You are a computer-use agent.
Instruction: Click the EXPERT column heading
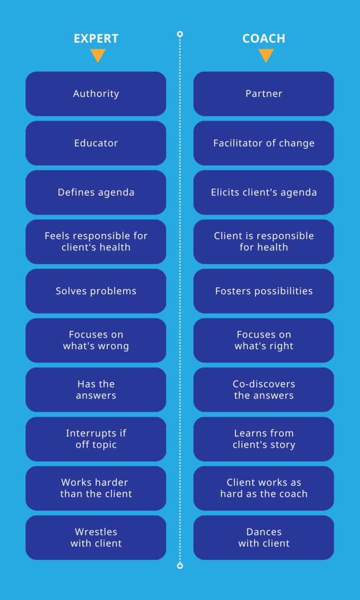point(96,38)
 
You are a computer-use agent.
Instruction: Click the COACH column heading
point(264,38)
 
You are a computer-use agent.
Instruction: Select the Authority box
point(96,94)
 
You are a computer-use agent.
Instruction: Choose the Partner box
point(264,94)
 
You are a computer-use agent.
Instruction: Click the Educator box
point(96,143)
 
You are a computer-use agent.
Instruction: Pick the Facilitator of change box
point(264,143)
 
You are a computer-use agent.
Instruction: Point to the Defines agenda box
point(96,192)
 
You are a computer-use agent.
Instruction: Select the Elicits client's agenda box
point(264,192)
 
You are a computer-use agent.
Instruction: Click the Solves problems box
point(96,291)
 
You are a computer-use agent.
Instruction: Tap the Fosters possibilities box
point(264,291)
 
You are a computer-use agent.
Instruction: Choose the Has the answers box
point(96,390)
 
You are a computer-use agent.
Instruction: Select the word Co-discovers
point(264,384)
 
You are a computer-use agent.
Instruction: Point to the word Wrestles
point(96,532)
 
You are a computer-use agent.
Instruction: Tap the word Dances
point(264,532)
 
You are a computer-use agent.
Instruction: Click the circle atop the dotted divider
point(180,34)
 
